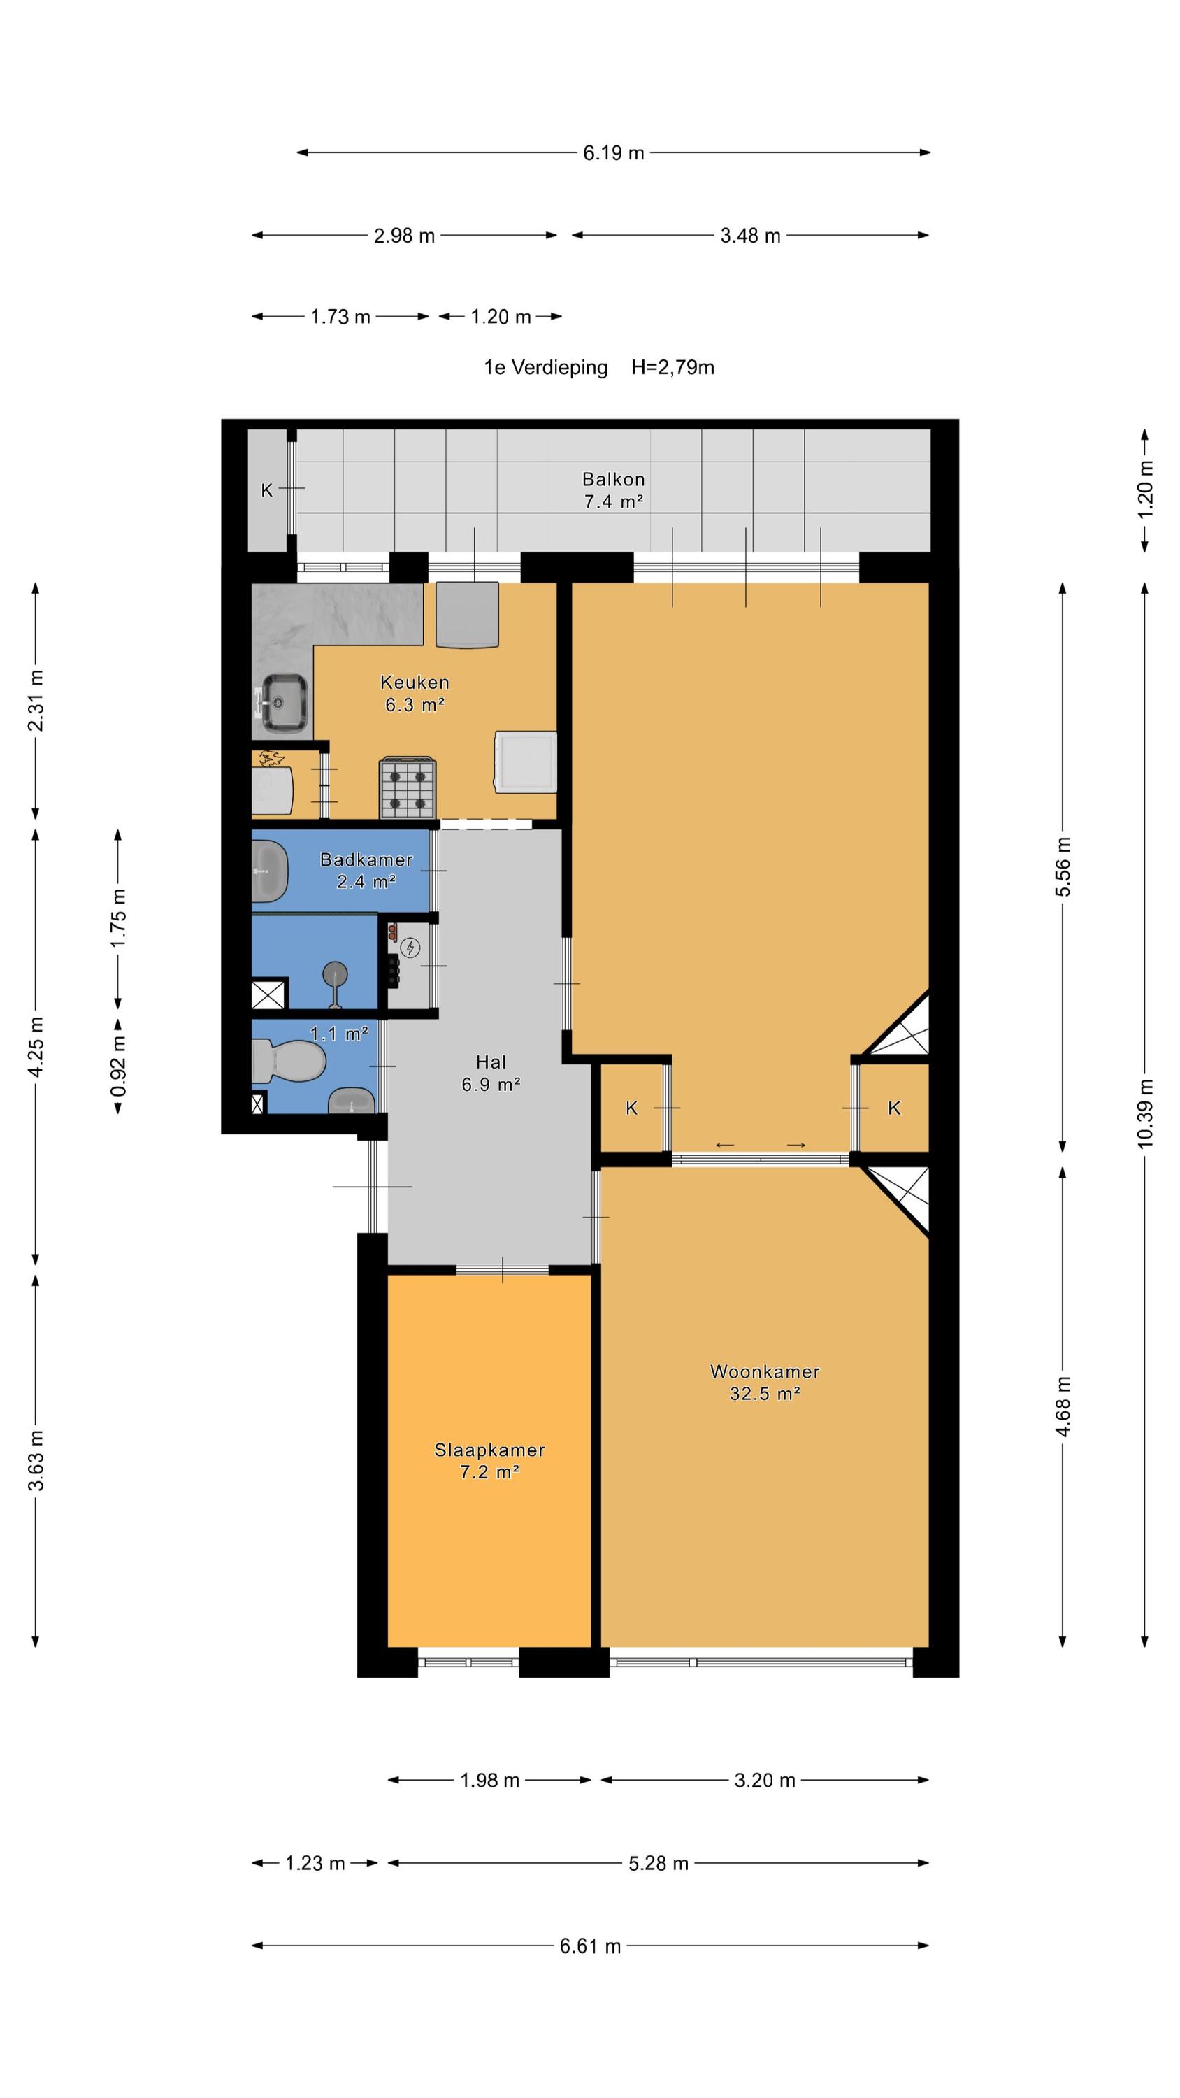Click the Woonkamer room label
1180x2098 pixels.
tap(764, 1371)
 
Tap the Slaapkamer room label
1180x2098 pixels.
tap(489, 1449)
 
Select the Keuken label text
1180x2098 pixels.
tap(415, 682)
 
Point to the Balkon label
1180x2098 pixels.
tap(613, 479)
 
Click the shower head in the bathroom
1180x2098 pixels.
tap(335, 974)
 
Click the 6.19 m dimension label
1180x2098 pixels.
tap(613, 153)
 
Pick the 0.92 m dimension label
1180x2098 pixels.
tap(119, 1065)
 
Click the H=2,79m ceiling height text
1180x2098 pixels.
tap(672, 367)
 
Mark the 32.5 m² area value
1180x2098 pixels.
tap(764, 1394)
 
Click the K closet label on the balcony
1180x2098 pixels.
tap(266, 490)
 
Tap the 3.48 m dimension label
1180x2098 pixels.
tap(750, 236)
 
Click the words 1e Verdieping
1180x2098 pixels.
tap(546, 367)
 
